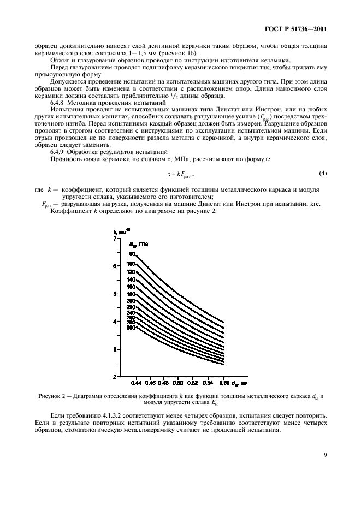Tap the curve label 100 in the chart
[x=131, y=264]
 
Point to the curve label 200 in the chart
[x=131, y=301]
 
